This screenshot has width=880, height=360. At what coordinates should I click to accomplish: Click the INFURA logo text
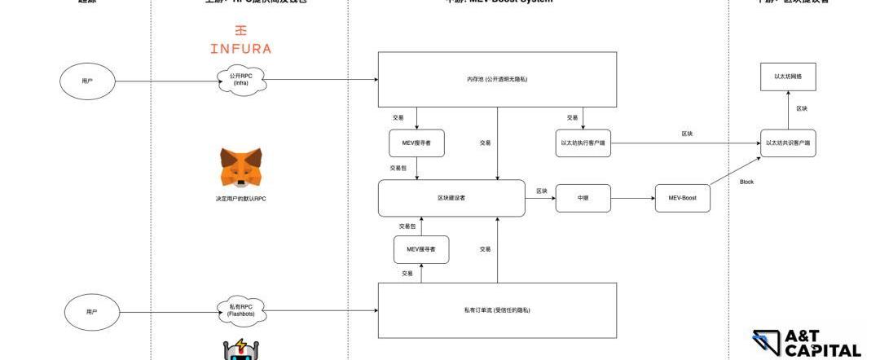pos(240,47)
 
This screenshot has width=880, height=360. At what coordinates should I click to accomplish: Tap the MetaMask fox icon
pos(241,168)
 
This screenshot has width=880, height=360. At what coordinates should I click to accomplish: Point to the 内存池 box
pos(497,79)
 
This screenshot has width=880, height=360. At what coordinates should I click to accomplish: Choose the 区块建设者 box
pos(451,198)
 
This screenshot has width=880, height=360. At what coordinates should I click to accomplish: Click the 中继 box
pos(583,198)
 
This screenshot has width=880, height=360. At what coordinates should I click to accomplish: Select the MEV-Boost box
pos(682,198)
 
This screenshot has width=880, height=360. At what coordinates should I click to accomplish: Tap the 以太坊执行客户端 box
pos(583,143)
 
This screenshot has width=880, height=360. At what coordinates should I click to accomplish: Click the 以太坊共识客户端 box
pos(788,143)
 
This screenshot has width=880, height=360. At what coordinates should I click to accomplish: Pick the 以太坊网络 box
pos(788,77)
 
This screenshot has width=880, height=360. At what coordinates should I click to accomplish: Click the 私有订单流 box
pos(497,310)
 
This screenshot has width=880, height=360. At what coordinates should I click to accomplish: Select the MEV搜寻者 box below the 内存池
pos(416,143)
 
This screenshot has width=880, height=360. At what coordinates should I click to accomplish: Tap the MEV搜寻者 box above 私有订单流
pos(421,249)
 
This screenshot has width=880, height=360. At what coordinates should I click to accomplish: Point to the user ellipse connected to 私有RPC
pos(91,311)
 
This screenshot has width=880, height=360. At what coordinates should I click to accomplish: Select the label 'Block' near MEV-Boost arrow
pos(746,182)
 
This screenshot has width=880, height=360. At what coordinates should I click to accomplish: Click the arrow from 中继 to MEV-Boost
pos(633,198)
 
